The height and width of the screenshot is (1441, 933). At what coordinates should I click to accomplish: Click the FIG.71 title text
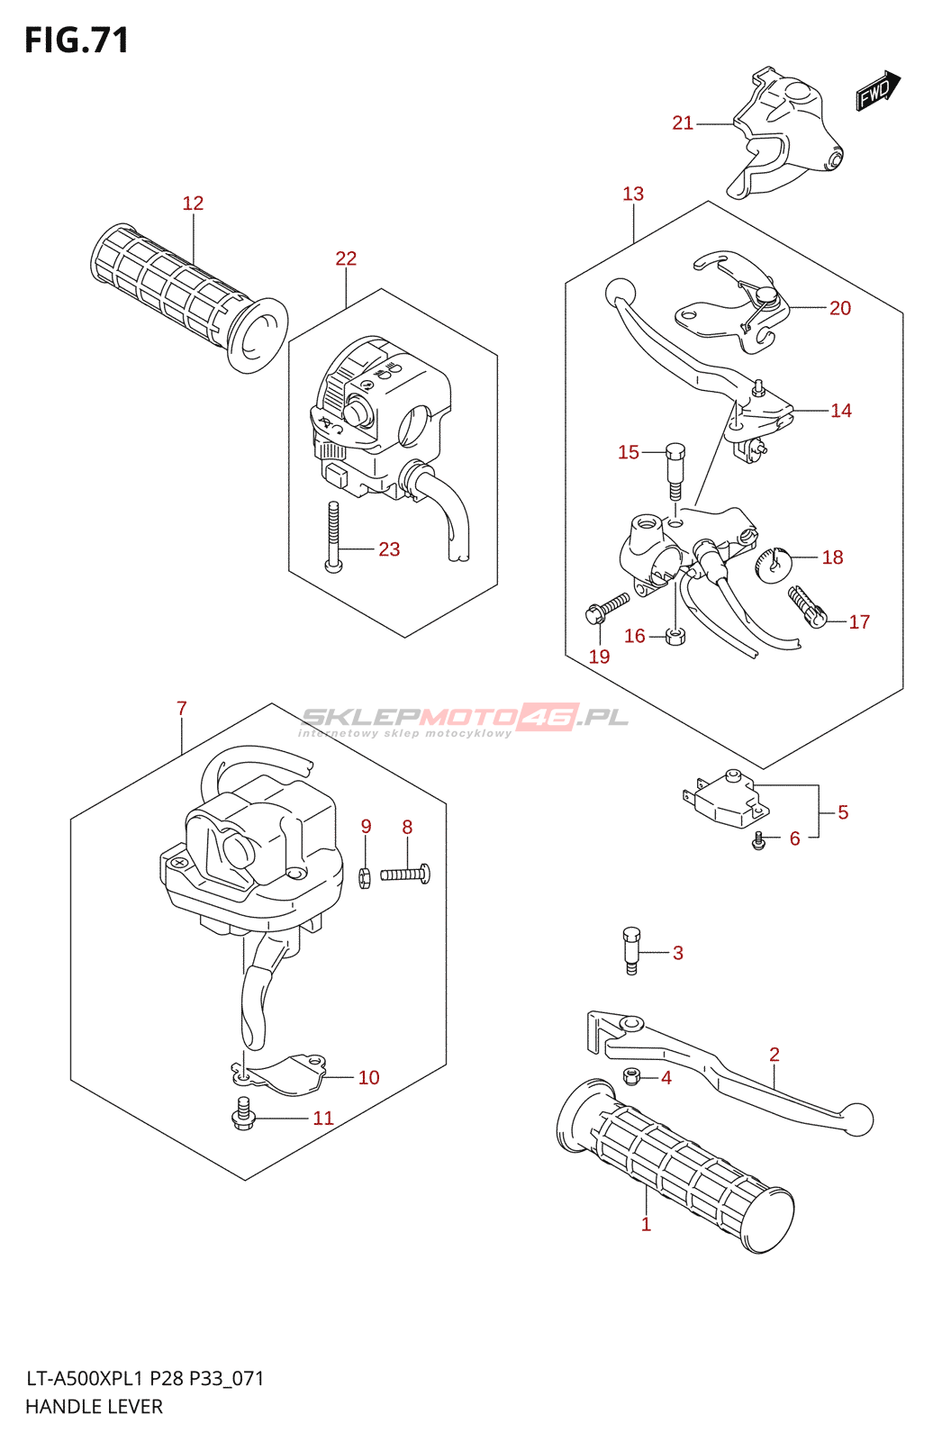click(77, 41)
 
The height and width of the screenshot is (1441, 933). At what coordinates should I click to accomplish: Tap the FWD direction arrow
click(877, 90)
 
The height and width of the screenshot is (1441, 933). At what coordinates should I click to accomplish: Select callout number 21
click(683, 123)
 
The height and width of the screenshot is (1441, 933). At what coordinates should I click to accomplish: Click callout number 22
click(346, 258)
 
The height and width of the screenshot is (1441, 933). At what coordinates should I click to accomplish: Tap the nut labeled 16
click(675, 637)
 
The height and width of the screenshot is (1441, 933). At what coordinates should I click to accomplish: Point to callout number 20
click(839, 308)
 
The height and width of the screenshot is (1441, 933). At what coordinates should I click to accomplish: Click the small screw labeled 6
click(759, 840)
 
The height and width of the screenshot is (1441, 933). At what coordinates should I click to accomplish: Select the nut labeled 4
click(632, 1075)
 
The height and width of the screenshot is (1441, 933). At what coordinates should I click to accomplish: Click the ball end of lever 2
click(858, 1118)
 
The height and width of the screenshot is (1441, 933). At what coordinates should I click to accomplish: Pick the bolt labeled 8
click(405, 874)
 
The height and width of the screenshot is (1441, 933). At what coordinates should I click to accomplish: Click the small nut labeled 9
click(365, 876)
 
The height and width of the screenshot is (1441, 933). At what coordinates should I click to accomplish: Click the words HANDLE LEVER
click(94, 1406)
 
